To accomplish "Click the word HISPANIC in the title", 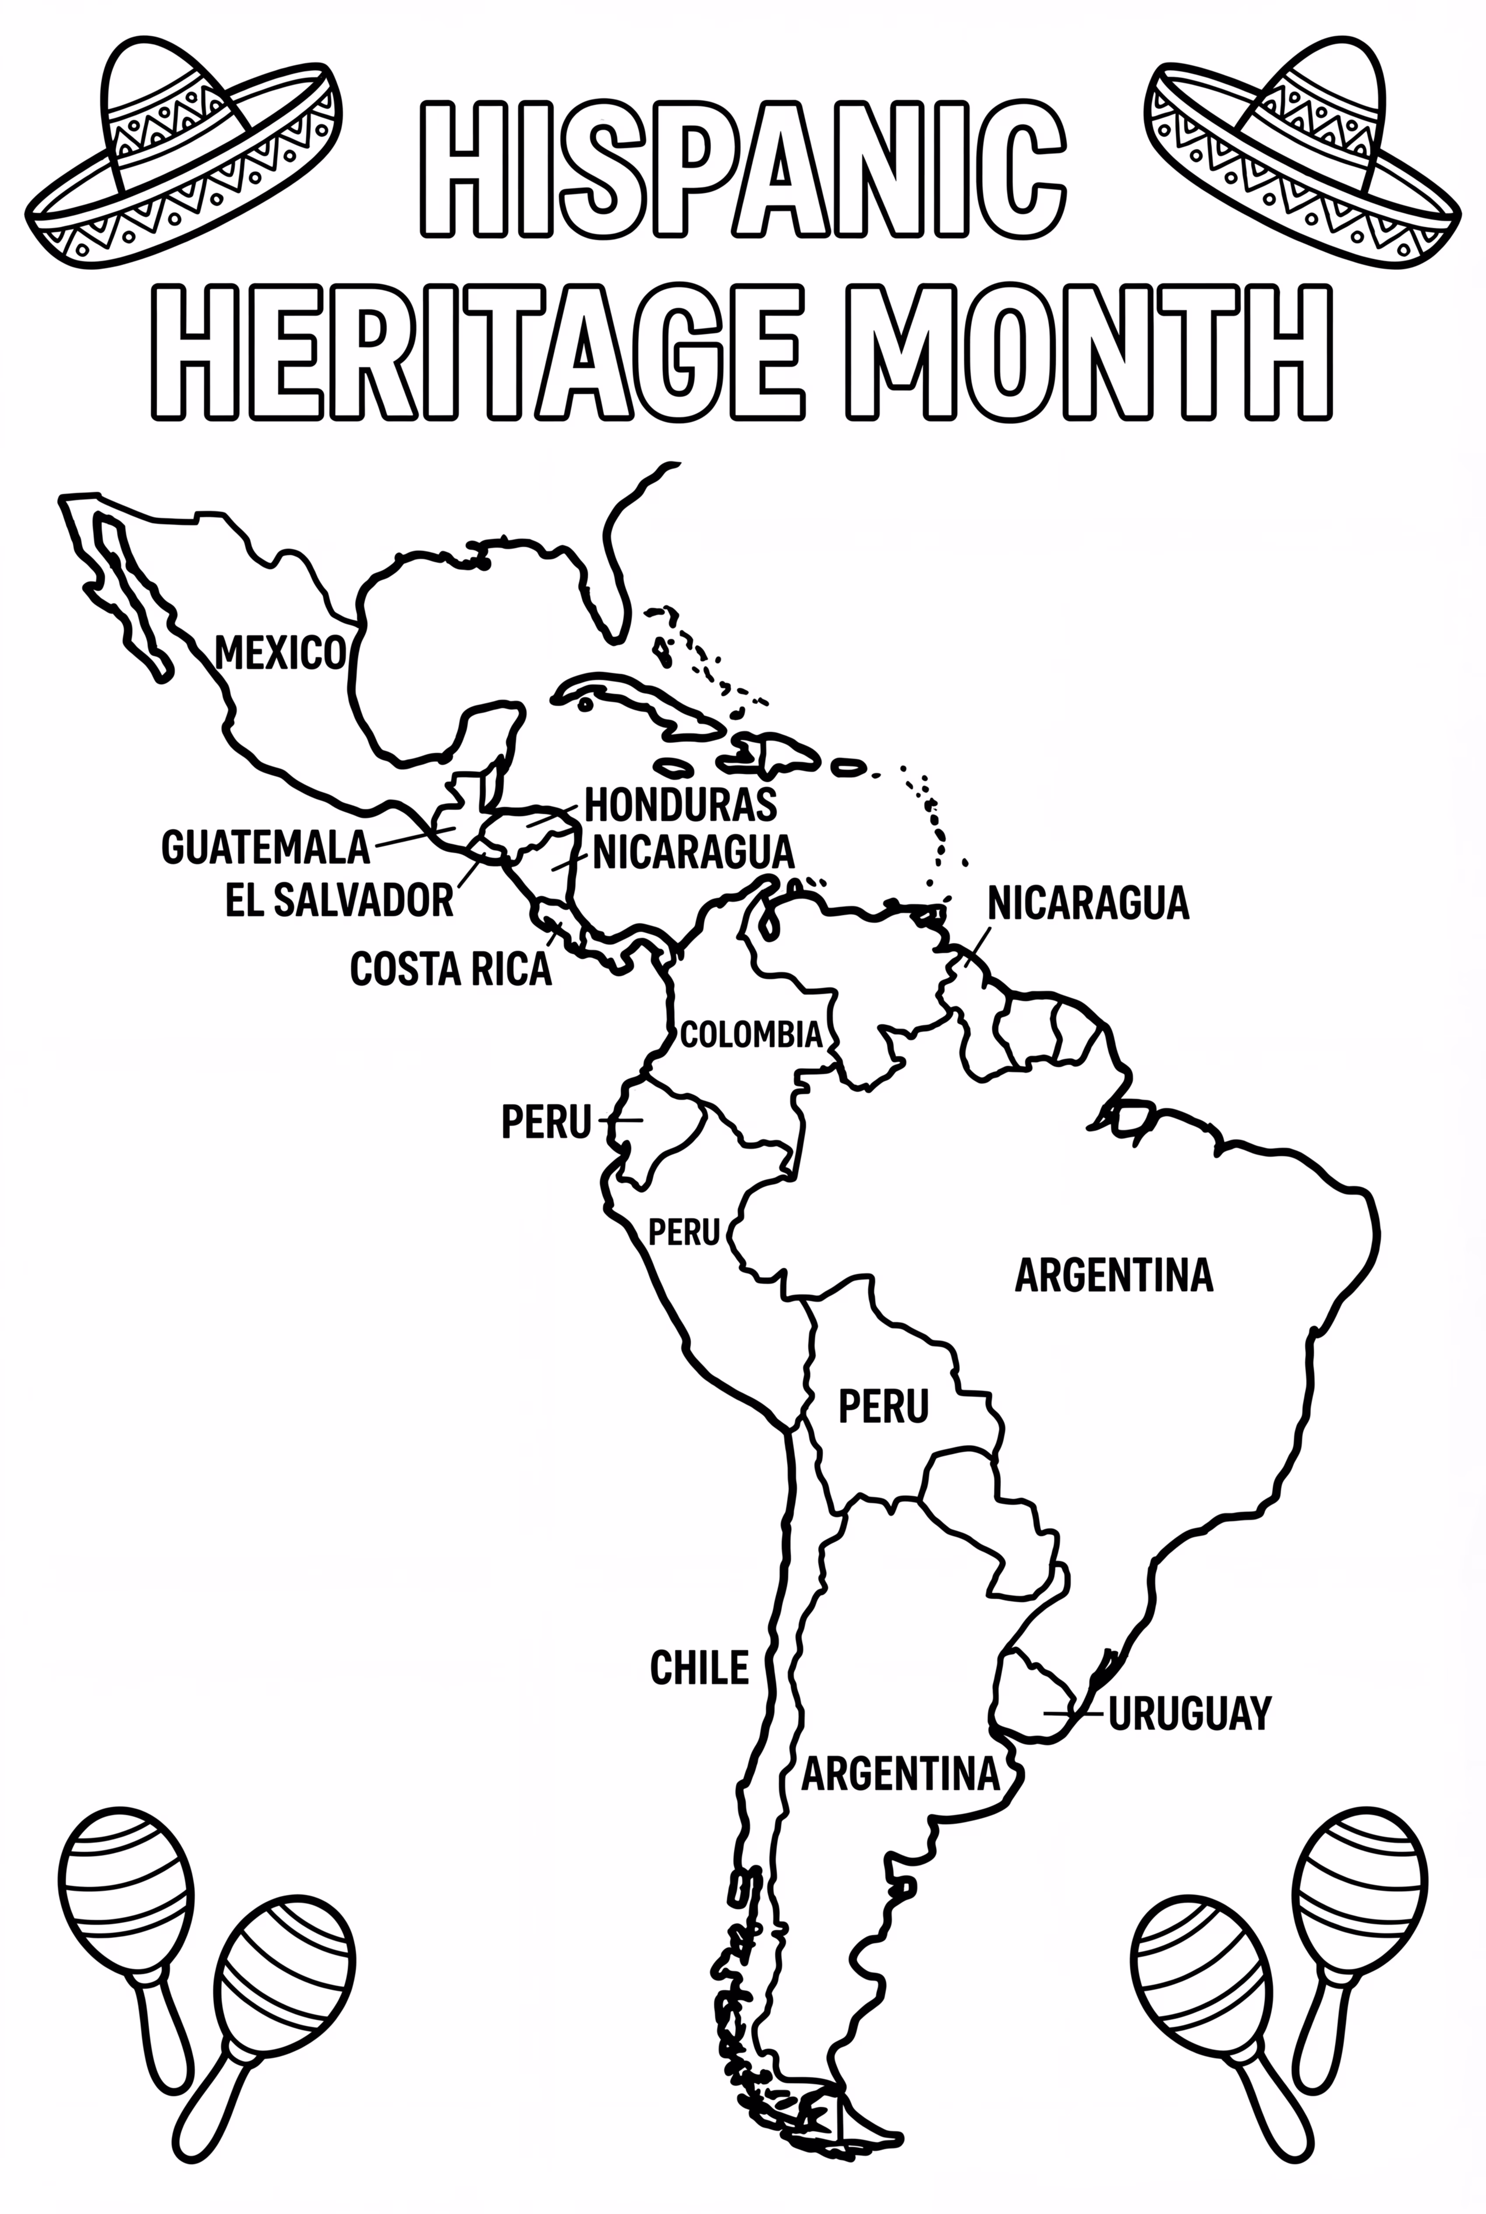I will [x=744, y=169].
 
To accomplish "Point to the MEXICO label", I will [x=280, y=654].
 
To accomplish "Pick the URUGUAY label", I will [x=1189, y=1713].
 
